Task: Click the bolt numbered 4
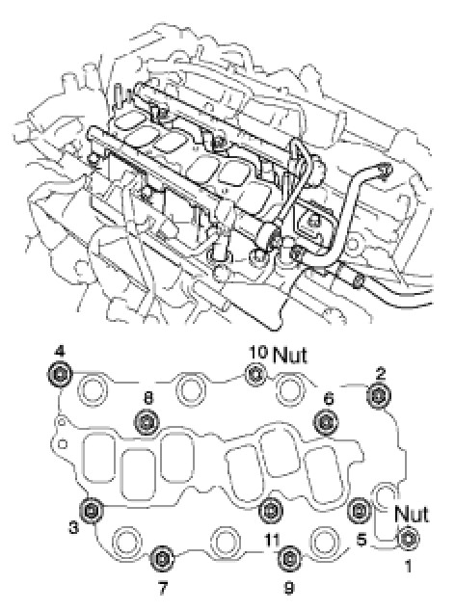(x=60, y=375)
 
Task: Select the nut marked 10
(x=255, y=374)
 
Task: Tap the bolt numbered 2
(x=379, y=396)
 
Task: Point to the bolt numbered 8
(x=147, y=422)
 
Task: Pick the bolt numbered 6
(x=327, y=422)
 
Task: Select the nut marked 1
(x=408, y=539)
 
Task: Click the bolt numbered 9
(x=290, y=559)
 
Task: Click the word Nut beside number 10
(x=290, y=355)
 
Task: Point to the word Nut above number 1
(x=412, y=514)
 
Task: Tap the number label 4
(x=60, y=352)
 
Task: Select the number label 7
(x=163, y=588)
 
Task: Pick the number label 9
(x=289, y=588)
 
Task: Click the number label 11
(x=272, y=540)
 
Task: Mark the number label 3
(x=73, y=528)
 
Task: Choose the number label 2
(x=380, y=374)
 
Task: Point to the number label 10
(x=258, y=352)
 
